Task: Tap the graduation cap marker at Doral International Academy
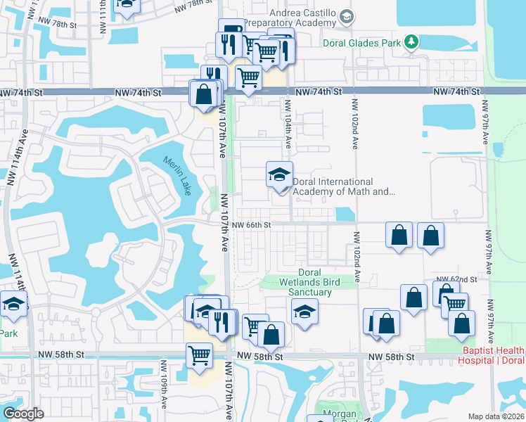coord(279,175)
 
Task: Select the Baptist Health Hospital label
coord(493,355)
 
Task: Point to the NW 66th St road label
coord(251,225)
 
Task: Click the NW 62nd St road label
coord(457,279)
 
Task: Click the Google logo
coord(24,414)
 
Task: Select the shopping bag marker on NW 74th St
coord(203,94)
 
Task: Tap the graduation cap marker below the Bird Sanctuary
coord(304,311)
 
